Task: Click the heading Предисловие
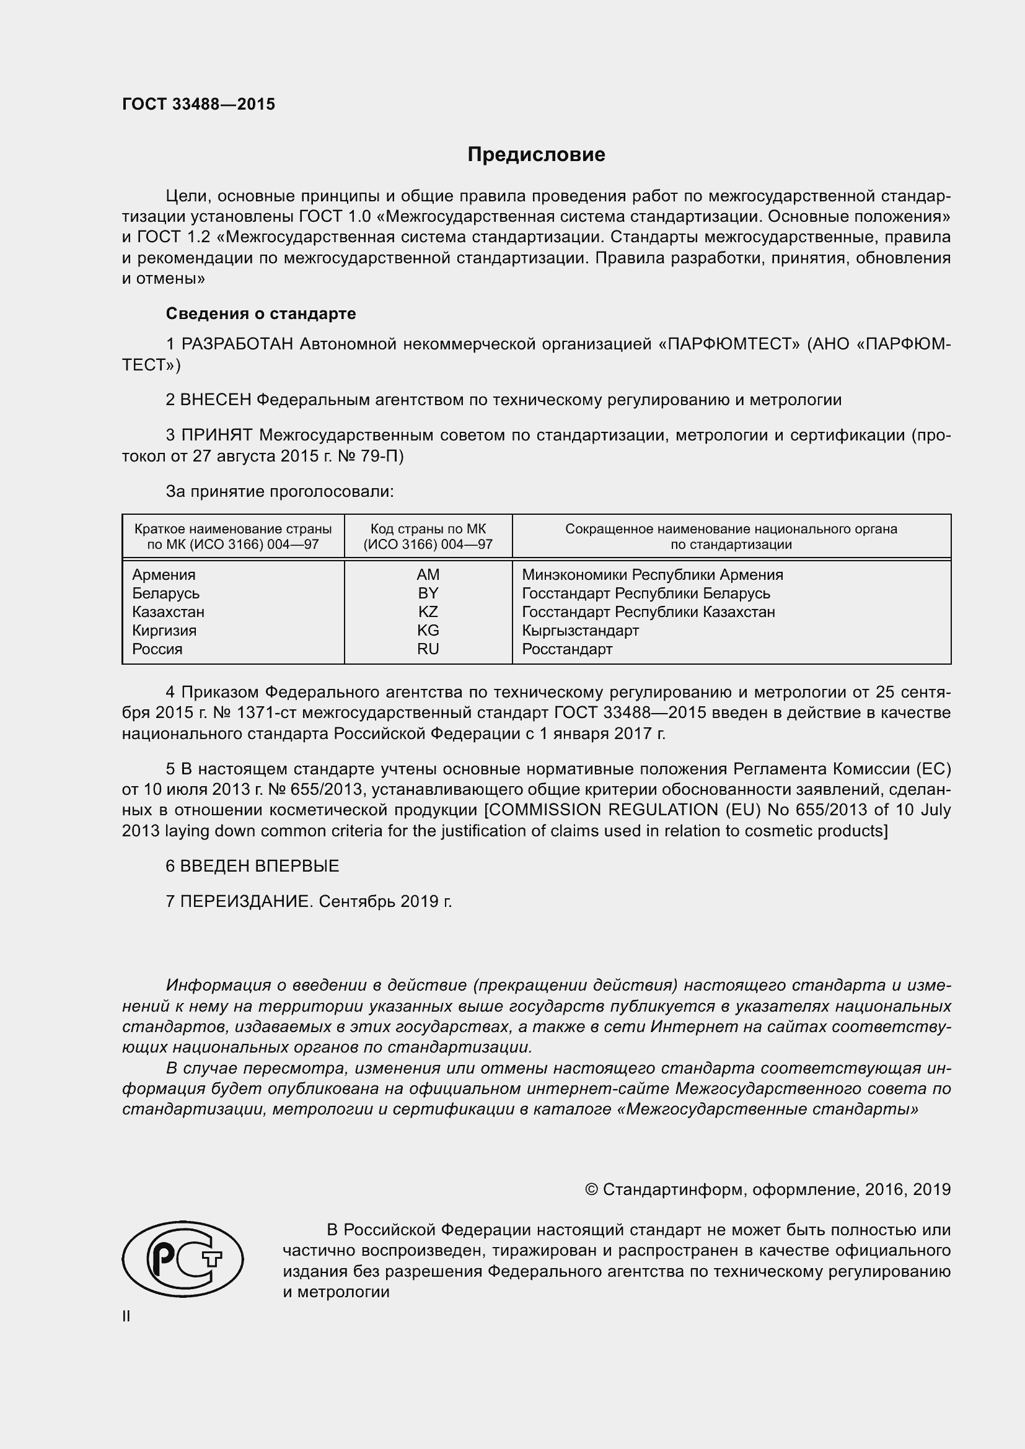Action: pos(536,155)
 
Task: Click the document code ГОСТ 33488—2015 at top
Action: pos(198,105)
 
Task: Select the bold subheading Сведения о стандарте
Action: pos(261,313)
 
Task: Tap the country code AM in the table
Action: pos(428,575)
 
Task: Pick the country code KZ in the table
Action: pos(428,612)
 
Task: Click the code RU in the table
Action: pos(428,649)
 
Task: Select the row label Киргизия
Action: pos(164,631)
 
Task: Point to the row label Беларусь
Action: pos(165,594)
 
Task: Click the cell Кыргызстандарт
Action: pos(580,631)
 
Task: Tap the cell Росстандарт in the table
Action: pos(567,649)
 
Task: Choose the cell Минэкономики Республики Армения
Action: pos(652,575)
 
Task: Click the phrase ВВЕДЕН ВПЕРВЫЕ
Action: pos(260,866)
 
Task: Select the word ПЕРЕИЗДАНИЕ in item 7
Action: pos(247,901)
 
